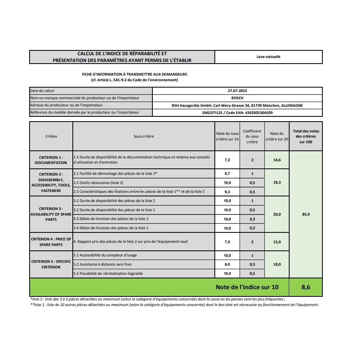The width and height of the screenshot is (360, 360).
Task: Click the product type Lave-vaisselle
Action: [x=268, y=57]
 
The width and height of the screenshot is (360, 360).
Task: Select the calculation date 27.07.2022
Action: [x=237, y=91]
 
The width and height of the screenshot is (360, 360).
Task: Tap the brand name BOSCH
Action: [x=237, y=98]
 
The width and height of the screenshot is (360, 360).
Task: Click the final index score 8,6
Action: [x=306, y=287]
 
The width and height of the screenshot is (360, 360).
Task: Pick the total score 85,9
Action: [x=306, y=214]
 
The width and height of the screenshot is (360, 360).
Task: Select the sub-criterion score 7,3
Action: [x=227, y=160]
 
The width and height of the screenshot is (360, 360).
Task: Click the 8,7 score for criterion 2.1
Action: [x=227, y=174]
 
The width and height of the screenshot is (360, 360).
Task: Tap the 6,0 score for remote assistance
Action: [x=227, y=264]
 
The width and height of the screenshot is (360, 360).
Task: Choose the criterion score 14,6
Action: [x=277, y=160]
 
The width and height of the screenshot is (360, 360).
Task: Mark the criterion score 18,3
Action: [x=277, y=182]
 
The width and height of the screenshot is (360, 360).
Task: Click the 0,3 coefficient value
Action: [x=252, y=219]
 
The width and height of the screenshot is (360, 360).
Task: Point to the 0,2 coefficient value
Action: [x=252, y=228]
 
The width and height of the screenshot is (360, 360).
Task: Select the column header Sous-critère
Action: [x=144, y=136]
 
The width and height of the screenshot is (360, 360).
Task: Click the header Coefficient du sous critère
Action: [x=252, y=136]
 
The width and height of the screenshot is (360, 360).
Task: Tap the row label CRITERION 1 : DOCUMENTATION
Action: [x=51, y=160]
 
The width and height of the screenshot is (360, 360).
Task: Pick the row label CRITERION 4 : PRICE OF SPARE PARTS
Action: [x=51, y=242]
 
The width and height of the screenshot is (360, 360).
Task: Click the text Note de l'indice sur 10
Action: [x=247, y=287]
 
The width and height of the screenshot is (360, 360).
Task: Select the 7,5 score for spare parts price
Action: [x=227, y=242]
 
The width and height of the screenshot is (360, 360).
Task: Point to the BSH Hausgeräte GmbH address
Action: [x=237, y=106]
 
